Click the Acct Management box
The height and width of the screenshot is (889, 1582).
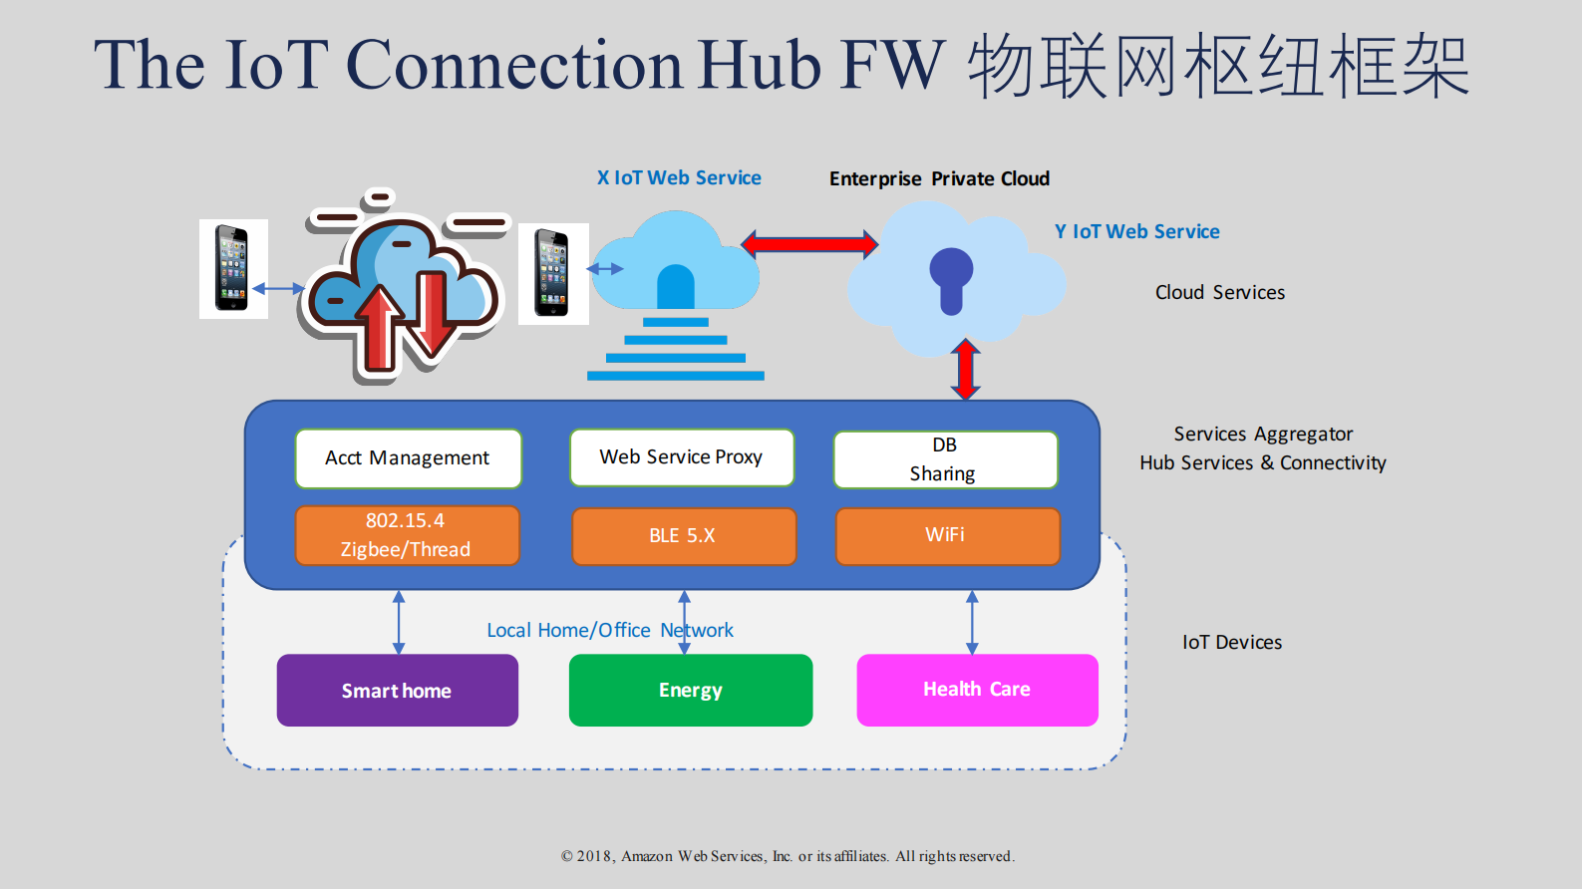pos(408,458)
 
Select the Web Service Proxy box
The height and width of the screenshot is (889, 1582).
pos(682,457)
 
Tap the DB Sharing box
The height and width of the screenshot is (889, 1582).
pos(945,459)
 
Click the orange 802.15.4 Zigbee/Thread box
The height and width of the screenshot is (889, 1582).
pos(407,535)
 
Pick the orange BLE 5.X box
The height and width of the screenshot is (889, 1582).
pos(684,536)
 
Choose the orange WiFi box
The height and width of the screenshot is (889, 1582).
pos(947,536)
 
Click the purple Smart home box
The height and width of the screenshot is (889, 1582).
pos(397,691)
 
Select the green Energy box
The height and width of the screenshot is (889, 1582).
pos(690,691)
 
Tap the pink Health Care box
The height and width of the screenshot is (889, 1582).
pos(977,690)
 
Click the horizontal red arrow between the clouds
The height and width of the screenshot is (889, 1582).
pos(809,244)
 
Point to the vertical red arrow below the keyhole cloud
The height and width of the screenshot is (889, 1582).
pos(965,370)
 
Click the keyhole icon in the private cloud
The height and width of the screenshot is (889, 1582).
pos(951,279)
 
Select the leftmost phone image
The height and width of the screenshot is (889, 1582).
pos(232,269)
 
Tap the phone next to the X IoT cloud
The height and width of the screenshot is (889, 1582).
pos(551,273)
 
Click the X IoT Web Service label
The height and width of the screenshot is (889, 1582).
pos(679,178)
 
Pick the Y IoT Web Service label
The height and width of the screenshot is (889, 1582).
pos(1137,232)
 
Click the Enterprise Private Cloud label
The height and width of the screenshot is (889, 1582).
pos(939,179)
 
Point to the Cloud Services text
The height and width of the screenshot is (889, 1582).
pos(1220,293)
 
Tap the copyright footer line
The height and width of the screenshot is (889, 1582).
pos(788,856)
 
